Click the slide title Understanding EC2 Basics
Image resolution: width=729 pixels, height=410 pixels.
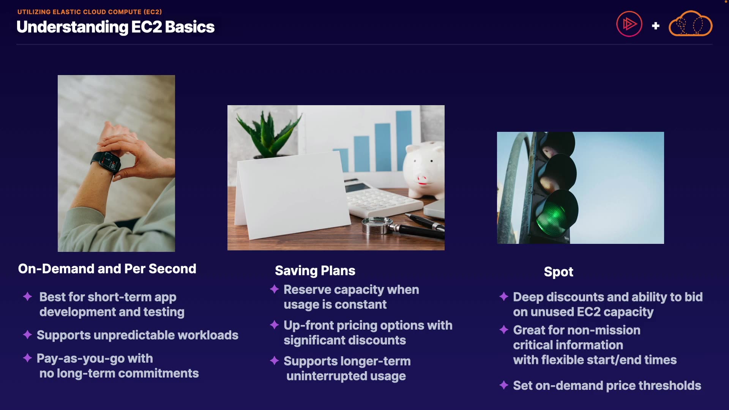[x=115, y=27]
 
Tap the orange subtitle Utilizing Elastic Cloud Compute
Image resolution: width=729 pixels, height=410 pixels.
[x=90, y=12]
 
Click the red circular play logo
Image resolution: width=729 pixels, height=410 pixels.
[x=629, y=24]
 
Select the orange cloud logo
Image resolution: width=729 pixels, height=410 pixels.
[x=690, y=24]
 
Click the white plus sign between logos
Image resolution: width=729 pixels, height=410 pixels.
[x=655, y=26]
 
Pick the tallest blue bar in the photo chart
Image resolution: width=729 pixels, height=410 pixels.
[x=404, y=140]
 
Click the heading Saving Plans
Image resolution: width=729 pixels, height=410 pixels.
[x=315, y=271]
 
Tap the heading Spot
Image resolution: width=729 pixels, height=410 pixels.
[x=559, y=272]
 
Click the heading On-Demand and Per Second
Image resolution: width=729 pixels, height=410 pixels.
[x=107, y=269]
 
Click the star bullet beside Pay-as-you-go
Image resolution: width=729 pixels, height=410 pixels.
[x=27, y=358]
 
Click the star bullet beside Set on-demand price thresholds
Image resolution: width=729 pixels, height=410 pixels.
[x=504, y=385]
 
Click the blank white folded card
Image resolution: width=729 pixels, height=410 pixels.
[x=292, y=196]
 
